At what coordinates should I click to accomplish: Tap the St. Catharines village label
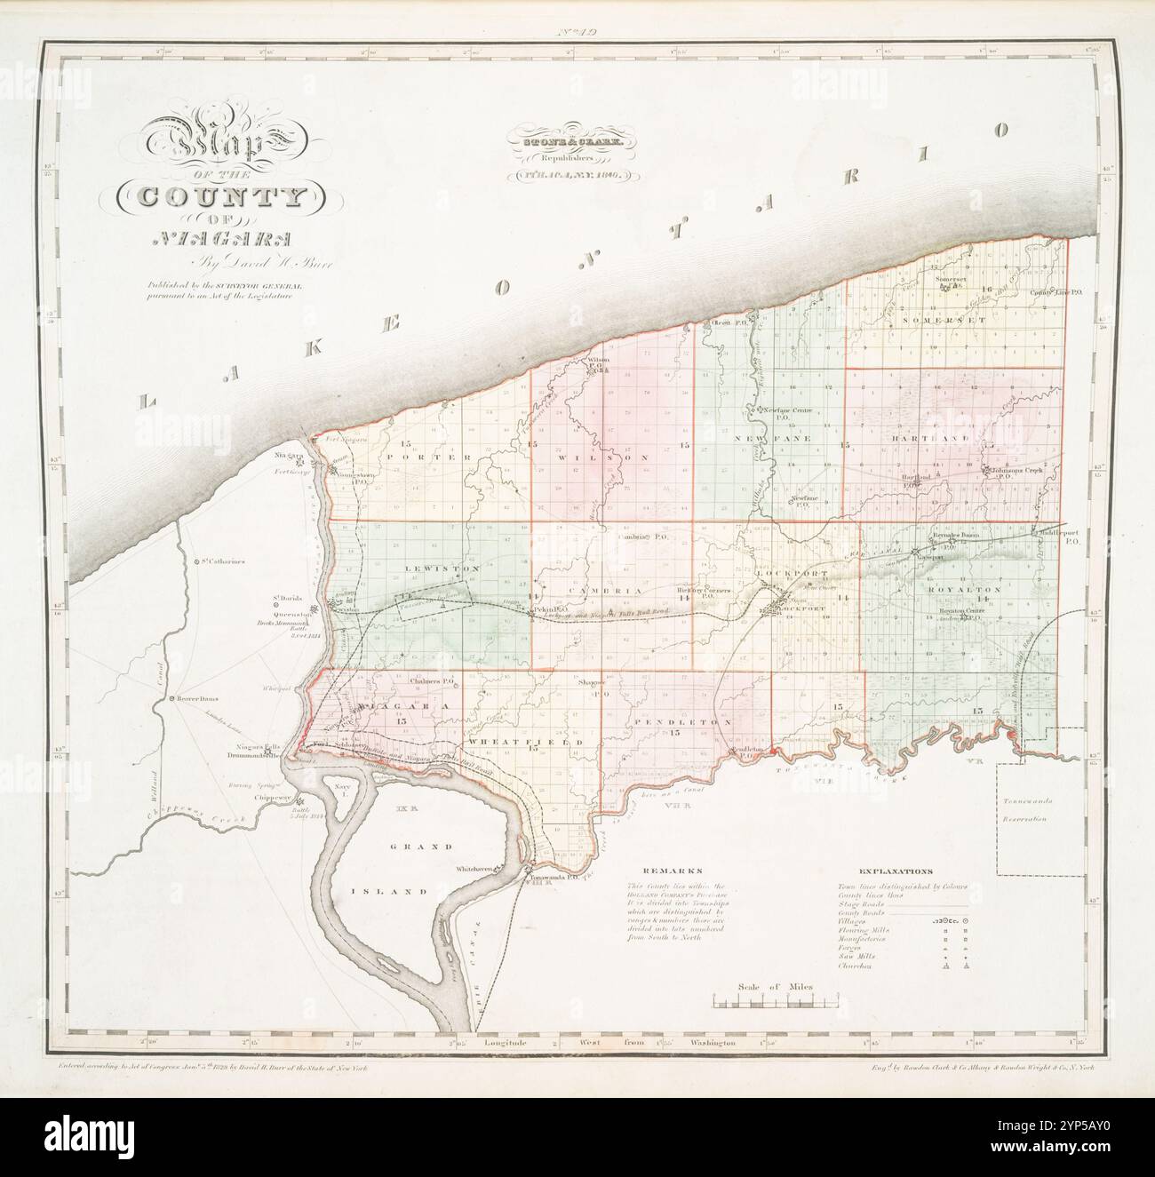(x=221, y=562)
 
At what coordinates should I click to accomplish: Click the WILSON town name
(x=604, y=457)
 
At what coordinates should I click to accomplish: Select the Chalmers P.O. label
(x=434, y=681)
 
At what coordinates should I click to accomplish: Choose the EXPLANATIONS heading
(x=896, y=872)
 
